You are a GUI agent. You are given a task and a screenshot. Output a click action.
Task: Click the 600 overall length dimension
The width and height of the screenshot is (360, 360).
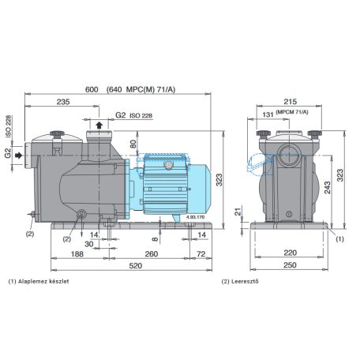[x=92, y=89]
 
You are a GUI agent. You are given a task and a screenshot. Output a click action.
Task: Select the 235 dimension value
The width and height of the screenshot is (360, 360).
[x=63, y=102]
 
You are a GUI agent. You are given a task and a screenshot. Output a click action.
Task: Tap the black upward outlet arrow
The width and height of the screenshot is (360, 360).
[x=99, y=126]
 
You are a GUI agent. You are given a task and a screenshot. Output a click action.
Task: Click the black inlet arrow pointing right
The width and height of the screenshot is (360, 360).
[x=19, y=156]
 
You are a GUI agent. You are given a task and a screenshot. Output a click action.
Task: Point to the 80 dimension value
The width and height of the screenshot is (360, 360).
[x=133, y=144]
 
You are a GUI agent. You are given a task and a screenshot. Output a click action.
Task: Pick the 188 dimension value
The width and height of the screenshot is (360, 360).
[x=77, y=254]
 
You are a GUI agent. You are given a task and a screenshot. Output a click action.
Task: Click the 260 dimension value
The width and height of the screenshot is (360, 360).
[x=152, y=254]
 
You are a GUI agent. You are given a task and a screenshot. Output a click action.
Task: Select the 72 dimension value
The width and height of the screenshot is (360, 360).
[x=201, y=254]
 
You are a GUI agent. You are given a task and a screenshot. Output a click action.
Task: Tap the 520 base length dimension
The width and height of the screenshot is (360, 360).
[x=136, y=265]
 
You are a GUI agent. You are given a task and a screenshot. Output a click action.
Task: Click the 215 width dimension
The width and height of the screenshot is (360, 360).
[x=291, y=102]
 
